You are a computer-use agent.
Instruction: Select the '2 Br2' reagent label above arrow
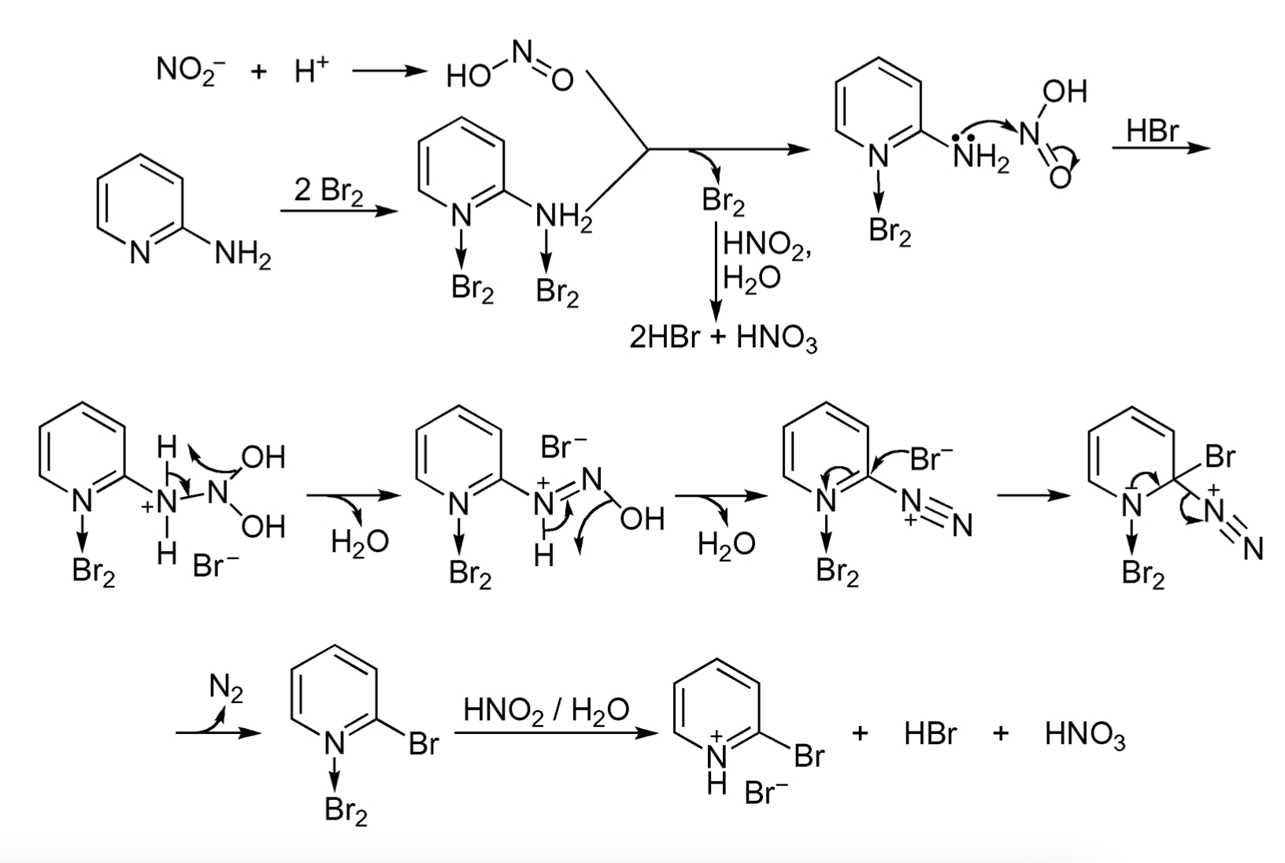tap(328, 191)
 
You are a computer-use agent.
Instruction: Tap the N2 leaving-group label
tap(227, 688)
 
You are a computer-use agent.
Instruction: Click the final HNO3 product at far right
tap(1084, 735)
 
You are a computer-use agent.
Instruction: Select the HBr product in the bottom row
tap(930, 735)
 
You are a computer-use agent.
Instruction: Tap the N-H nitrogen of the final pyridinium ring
tap(717, 757)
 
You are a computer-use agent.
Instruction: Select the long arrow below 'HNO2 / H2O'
tap(556, 734)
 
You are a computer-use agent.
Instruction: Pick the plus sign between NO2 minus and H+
tap(259, 72)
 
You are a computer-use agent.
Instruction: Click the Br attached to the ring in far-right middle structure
tap(1220, 457)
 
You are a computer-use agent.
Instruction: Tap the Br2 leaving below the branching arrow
tap(723, 202)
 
